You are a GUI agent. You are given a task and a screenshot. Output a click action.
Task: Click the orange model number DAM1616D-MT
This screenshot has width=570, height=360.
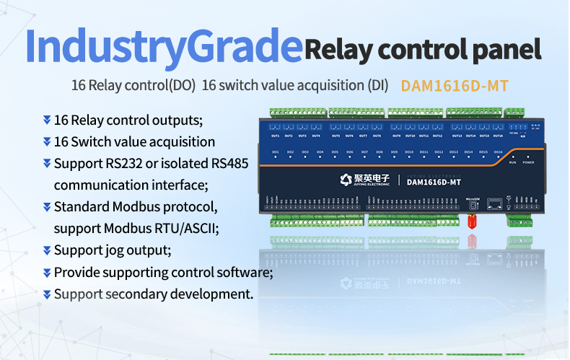click(x=455, y=86)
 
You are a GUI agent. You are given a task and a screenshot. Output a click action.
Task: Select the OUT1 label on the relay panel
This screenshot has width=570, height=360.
click(x=275, y=135)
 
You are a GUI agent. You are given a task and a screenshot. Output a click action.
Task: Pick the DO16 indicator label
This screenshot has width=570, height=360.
click(x=498, y=152)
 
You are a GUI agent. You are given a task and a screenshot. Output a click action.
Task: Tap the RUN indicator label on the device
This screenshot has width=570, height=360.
click(x=512, y=163)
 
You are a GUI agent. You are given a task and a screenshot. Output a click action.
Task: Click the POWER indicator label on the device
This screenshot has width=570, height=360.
click(x=528, y=163)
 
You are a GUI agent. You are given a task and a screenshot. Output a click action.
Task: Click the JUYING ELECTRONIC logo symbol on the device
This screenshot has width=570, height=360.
click(x=345, y=180)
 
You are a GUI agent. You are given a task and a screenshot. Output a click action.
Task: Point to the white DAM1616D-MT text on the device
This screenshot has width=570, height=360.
click(x=434, y=182)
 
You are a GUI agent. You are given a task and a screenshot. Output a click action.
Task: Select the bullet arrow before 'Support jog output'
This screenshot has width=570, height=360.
click(x=47, y=250)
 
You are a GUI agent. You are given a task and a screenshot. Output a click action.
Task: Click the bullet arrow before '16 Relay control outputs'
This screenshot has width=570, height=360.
click(x=47, y=120)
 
